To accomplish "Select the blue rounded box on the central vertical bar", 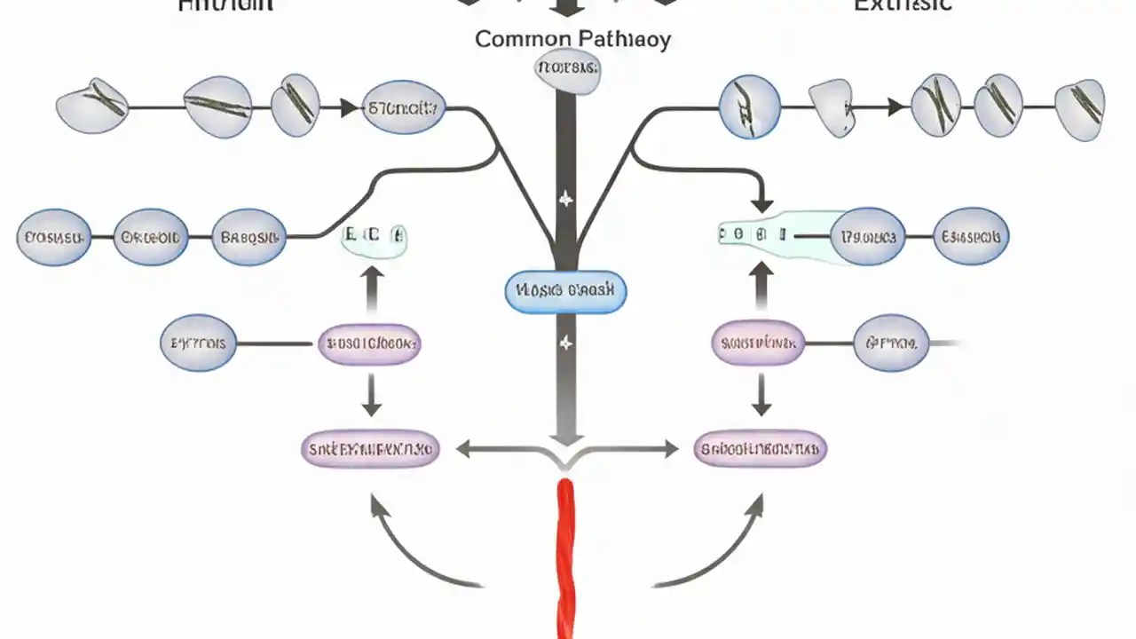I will click(x=565, y=291).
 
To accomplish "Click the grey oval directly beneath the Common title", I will click(x=567, y=69).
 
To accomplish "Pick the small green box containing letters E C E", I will click(x=374, y=237).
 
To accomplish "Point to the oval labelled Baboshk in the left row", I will click(x=249, y=237).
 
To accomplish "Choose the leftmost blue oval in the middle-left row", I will click(x=53, y=237).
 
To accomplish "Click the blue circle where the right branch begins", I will click(x=749, y=107).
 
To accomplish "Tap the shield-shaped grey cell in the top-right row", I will click(x=832, y=108).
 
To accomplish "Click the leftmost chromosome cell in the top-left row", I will click(x=91, y=106).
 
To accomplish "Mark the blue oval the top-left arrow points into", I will click(x=404, y=108).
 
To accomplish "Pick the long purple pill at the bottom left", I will click(x=370, y=449).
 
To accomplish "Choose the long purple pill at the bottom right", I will click(x=760, y=449).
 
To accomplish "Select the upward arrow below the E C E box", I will click(x=372, y=289).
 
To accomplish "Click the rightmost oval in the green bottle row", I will click(x=971, y=237).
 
